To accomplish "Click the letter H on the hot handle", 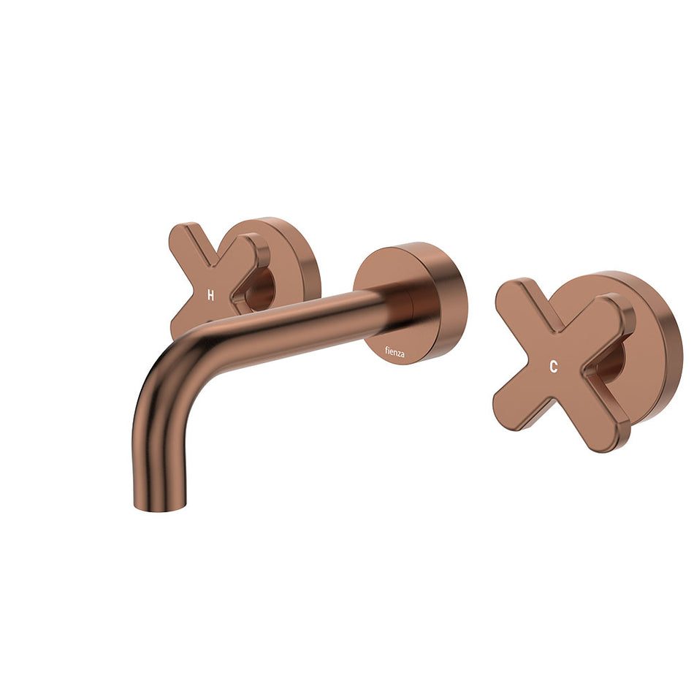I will (x=210, y=295).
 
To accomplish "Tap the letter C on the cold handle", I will (x=554, y=367).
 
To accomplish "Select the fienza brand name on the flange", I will (x=397, y=354).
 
